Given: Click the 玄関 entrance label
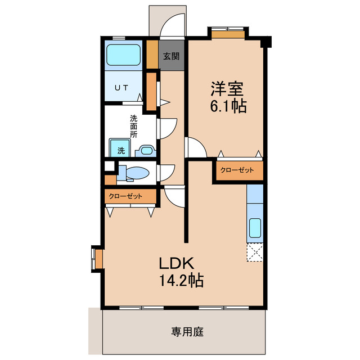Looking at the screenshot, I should (x=171, y=56).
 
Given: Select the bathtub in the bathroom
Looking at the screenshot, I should (x=124, y=55).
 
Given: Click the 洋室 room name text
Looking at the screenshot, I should (x=227, y=88).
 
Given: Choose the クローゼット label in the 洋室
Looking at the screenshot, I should (x=237, y=170).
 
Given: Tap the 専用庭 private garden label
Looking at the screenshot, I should (x=187, y=331).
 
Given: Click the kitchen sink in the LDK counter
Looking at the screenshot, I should (x=255, y=228).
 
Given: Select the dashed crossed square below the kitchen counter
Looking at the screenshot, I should (x=255, y=253).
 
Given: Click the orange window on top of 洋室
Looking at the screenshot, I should (x=228, y=34).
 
